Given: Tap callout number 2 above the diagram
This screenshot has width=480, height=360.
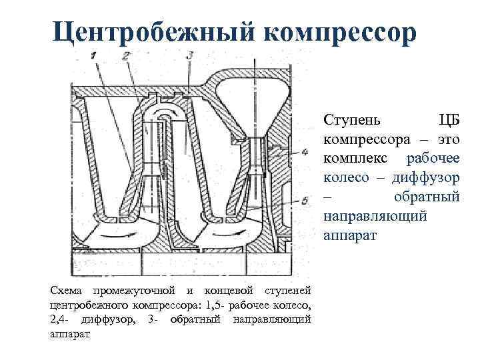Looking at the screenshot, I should (126, 55).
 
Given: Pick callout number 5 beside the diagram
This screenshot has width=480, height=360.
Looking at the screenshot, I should (305, 200).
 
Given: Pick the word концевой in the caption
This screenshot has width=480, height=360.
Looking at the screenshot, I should (229, 291).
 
